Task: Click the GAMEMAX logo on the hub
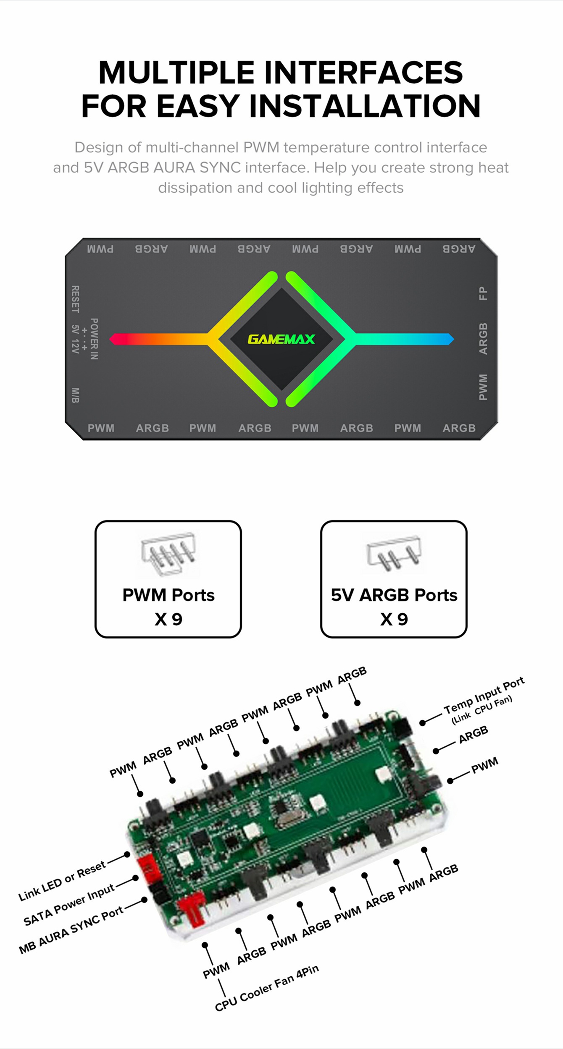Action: (x=281, y=339)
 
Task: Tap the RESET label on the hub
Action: (x=75, y=299)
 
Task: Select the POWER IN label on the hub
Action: (x=95, y=339)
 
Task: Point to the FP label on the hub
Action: (x=484, y=293)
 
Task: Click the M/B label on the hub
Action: (x=75, y=395)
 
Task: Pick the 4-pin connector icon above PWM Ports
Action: (x=168, y=553)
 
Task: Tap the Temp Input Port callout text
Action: (x=484, y=695)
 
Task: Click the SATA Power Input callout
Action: (x=69, y=905)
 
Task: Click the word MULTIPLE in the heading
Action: (x=176, y=73)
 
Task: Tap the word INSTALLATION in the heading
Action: (x=365, y=106)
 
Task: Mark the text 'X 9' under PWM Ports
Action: (x=168, y=619)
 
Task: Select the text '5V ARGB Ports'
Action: (x=394, y=595)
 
